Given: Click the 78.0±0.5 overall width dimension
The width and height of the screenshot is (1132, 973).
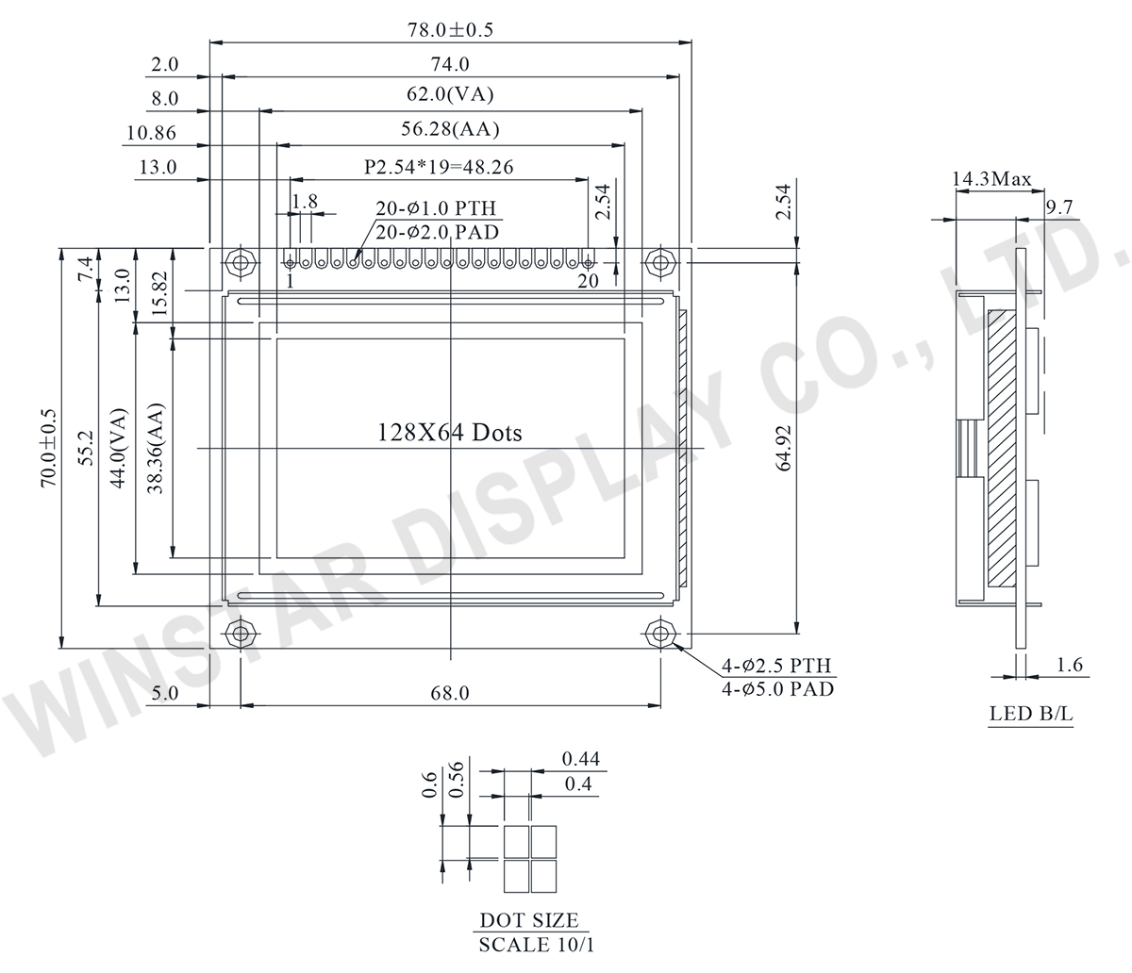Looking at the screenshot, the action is (450, 29).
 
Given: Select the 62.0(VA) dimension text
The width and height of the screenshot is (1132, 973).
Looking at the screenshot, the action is (450, 94).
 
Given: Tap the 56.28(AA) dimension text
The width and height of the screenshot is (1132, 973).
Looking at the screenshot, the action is (450, 129).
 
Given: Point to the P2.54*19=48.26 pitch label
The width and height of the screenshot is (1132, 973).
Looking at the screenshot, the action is (439, 166).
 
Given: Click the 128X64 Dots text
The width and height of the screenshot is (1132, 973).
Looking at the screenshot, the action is (450, 433).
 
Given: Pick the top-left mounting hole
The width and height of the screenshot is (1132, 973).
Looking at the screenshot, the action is (240, 263).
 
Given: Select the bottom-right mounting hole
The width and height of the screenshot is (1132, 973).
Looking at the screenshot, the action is (660, 634).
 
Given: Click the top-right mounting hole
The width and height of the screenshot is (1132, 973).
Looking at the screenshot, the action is (660, 263).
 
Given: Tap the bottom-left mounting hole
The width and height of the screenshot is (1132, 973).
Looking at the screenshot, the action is (240, 634).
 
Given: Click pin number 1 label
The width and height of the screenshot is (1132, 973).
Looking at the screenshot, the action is (290, 281).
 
